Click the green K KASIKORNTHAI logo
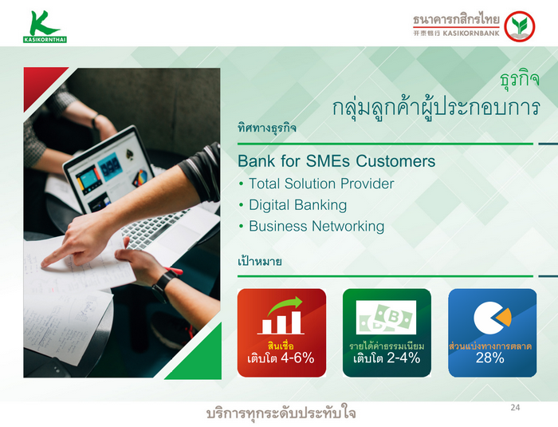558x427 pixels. [45, 26]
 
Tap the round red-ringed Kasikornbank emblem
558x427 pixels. [520, 26]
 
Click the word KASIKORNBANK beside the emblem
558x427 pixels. [471, 34]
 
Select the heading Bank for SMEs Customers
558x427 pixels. [336, 161]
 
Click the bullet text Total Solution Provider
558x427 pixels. [321, 184]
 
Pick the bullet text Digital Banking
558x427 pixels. [297, 205]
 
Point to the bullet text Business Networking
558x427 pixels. [316, 227]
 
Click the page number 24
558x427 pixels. [515, 407]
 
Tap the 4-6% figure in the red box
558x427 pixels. [297, 358]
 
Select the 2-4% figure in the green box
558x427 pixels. [403, 358]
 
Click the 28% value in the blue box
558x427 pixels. [490, 358]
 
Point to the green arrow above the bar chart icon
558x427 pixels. [285, 305]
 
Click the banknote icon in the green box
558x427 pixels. [386, 317]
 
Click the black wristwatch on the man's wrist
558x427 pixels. [163, 284]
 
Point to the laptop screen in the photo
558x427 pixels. [109, 171]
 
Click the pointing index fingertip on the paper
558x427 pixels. [44, 263]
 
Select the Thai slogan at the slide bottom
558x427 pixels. [281, 413]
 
